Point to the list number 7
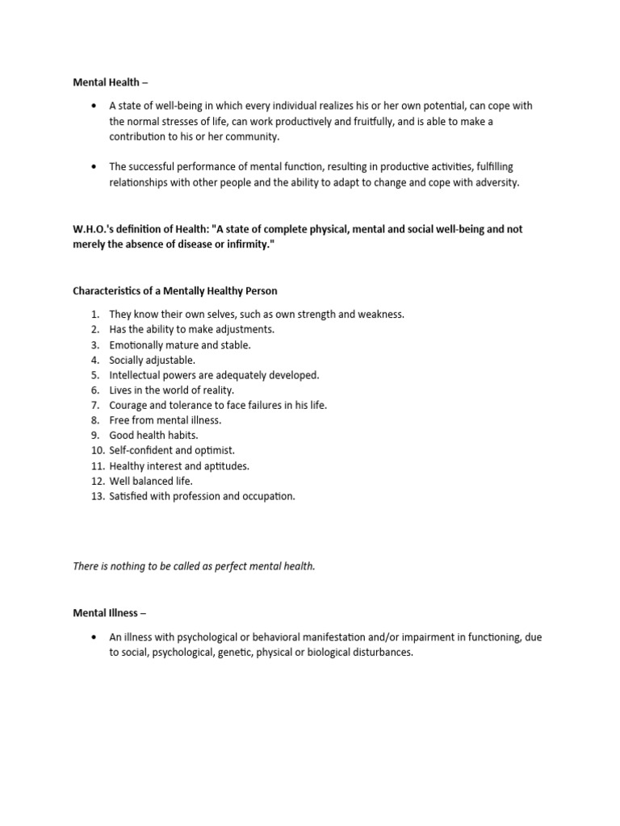(94, 405)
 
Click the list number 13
(97, 496)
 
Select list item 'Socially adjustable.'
(152, 360)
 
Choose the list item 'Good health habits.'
(153, 436)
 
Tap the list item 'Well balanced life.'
(151, 481)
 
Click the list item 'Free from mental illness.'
(165, 420)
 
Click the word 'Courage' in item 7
(128, 405)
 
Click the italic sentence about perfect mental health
(194, 566)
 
